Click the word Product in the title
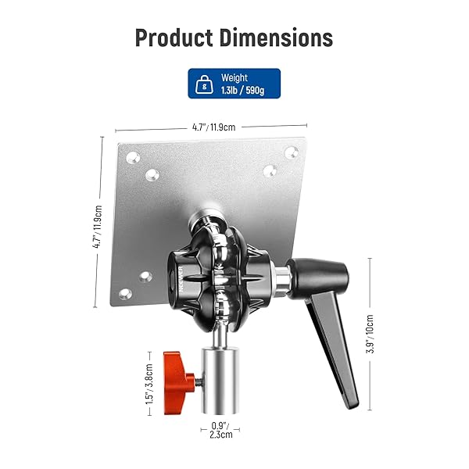click(x=175, y=38)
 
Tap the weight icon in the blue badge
click(x=205, y=84)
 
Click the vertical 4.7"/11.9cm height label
click(x=98, y=226)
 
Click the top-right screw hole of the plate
click(x=291, y=152)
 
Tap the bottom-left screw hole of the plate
click(x=124, y=294)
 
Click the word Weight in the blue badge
click(x=234, y=78)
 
